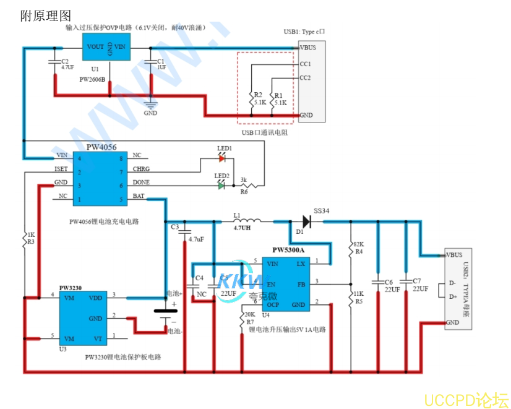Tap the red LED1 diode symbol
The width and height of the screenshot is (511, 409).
point(222,158)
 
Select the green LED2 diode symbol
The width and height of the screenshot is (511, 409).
point(221,184)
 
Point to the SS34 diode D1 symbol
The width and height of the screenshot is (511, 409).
point(305,220)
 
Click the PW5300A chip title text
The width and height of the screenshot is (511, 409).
point(288,251)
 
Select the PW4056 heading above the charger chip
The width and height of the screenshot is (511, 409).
point(101,147)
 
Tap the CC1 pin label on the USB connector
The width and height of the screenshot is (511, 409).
point(305,64)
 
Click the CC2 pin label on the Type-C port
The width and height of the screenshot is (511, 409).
point(305,78)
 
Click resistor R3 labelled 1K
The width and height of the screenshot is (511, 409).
point(29,239)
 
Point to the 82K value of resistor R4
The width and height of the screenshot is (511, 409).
point(359,244)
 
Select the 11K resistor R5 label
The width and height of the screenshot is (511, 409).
point(358,293)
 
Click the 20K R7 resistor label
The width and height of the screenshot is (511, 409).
point(249,315)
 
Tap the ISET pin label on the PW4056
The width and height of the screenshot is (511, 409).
point(61,169)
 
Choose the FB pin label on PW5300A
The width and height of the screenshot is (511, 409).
point(301,284)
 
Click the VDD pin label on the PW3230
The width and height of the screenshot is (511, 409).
point(95,298)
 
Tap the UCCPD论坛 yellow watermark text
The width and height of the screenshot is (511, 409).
point(466,399)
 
